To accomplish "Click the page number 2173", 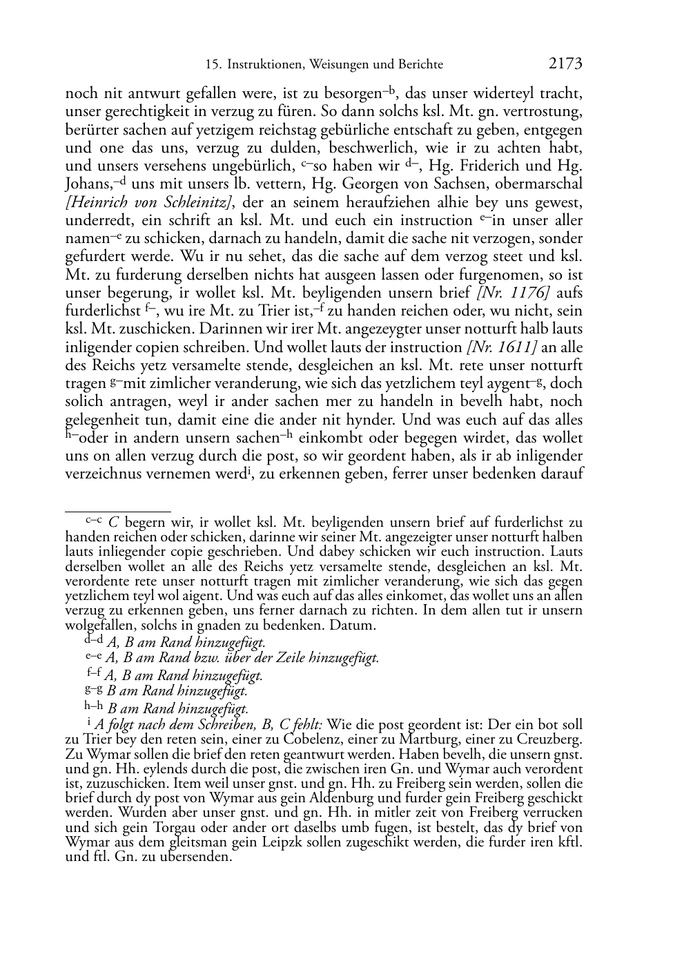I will coord(565,64).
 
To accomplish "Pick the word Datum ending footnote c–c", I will coord(353,626).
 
